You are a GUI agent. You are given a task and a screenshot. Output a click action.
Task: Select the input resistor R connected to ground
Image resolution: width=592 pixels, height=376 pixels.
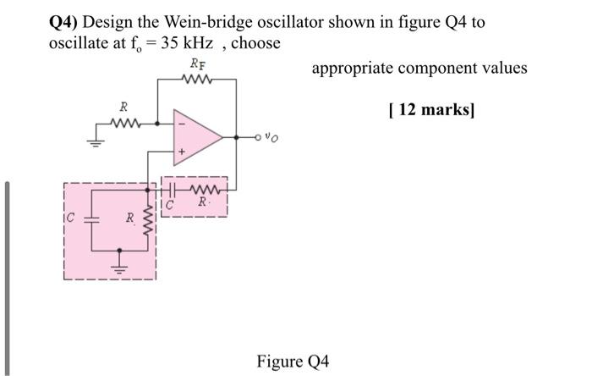(124, 123)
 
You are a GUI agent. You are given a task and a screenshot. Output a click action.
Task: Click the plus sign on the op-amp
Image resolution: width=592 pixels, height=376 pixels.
(180, 152)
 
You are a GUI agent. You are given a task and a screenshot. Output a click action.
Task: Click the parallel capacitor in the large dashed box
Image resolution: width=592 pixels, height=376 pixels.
(92, 218)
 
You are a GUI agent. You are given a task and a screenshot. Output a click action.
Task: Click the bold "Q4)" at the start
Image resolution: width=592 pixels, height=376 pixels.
(62, 22)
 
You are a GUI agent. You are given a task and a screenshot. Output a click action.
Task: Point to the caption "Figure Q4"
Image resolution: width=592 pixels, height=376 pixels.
(293, 362)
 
